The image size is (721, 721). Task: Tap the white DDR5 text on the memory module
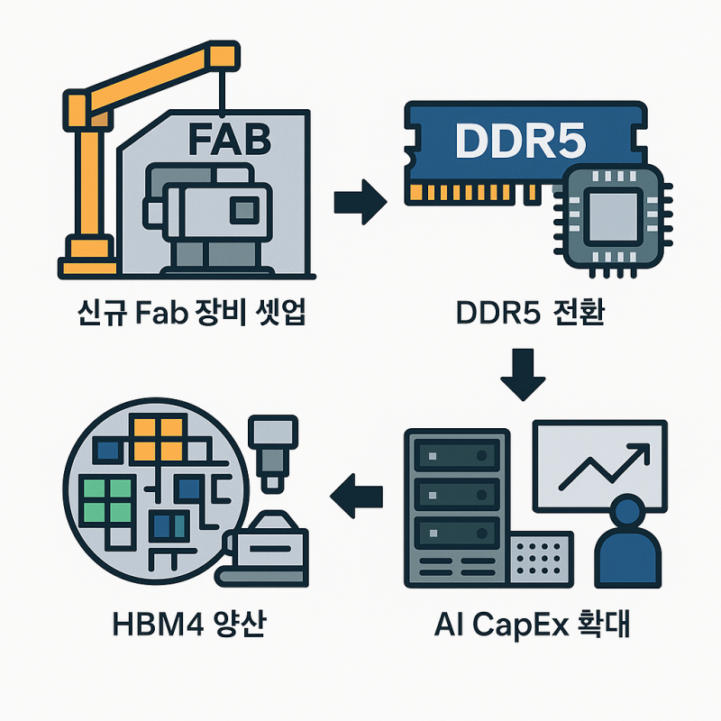[521, 141]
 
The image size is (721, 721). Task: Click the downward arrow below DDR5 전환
[523, 376]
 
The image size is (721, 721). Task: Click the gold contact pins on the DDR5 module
[478, 193]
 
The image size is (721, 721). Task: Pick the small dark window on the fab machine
[242, 211]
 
